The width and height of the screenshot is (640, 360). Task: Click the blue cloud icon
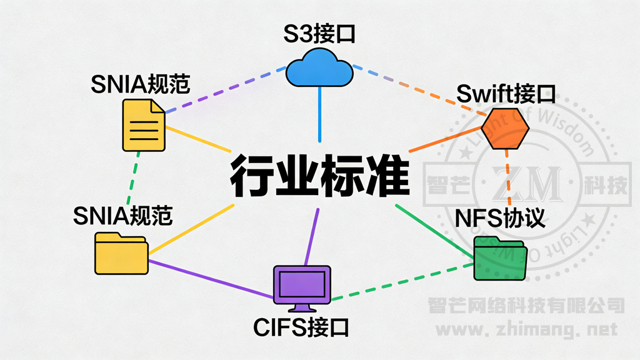pos(319,68)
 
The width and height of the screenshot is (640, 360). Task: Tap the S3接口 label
pos(319,33)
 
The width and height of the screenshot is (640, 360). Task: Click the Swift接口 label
pos(506,94)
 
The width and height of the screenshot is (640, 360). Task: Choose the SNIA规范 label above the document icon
pos(141,84)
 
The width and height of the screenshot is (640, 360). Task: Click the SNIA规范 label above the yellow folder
pos(122,216)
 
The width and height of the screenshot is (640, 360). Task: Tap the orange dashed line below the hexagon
pos(509,178)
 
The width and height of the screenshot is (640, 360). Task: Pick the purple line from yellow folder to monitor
pos(210,279)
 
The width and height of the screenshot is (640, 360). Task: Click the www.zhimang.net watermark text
pos(526,329)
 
